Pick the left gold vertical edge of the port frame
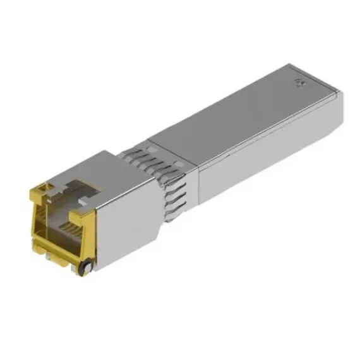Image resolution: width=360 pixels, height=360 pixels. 33,215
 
